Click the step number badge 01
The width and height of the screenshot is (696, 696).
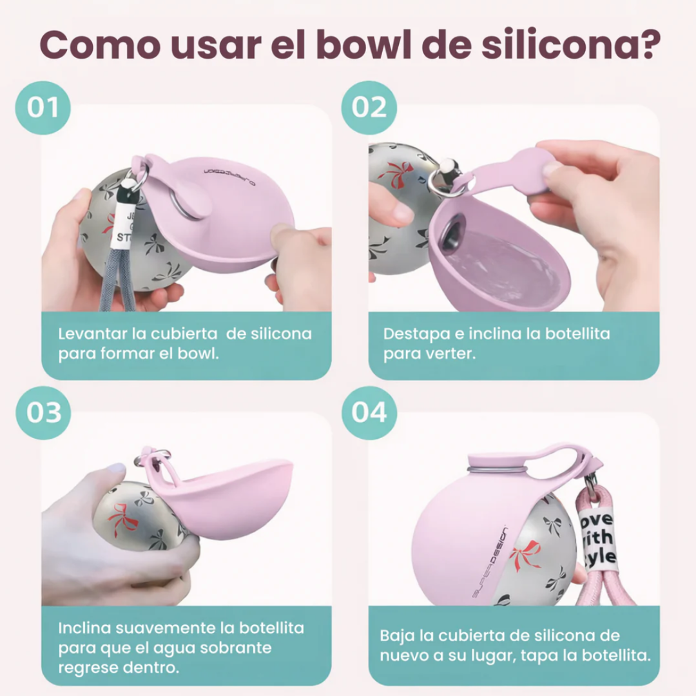pyautogui.click(x=42, y=108)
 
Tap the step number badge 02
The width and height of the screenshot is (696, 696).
pyautogui.click(x=369, y=108)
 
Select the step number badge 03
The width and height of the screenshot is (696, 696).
pyautogui.click(x=42, y=413)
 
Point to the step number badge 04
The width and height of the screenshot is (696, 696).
pyautogui.click(x=369, y=413)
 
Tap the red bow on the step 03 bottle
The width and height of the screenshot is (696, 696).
pyautogui.click(x=122, y=516)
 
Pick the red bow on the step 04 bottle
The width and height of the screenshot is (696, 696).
pyautogui.click(x=527, y=553)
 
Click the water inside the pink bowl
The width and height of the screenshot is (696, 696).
pyautogui.click(x=503, y=264)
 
